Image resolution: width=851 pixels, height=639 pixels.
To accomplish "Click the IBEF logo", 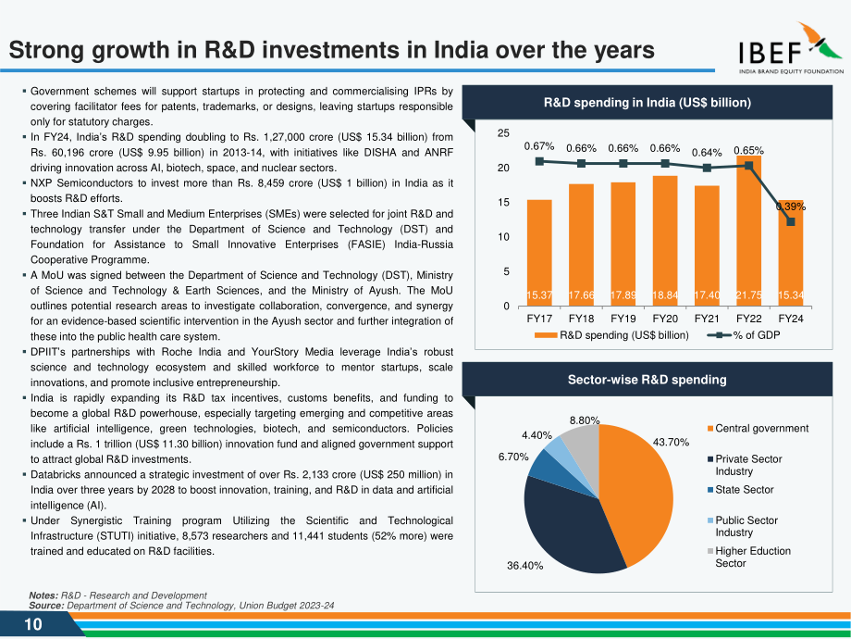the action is (791, 48).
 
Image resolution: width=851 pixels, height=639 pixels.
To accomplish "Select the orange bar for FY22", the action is (748, 231).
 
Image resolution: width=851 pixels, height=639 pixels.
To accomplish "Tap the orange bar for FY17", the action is (539, 253).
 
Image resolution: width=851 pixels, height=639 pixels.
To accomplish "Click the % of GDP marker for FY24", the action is (791, 221).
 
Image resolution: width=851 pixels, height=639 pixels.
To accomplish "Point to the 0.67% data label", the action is (539, 146).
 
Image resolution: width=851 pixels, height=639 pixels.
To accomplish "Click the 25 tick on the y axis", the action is (503, 133).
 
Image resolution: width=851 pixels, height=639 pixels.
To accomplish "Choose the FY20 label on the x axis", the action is (665, 319).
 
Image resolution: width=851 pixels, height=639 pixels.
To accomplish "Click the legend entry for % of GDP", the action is (744, 335).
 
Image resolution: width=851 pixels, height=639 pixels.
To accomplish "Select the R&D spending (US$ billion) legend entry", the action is (611, 335).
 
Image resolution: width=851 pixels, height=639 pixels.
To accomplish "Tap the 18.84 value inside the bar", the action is (665, 295).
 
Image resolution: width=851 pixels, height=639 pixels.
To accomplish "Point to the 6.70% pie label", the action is (513, 457).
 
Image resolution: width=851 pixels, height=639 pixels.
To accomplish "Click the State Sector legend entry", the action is (740, 490).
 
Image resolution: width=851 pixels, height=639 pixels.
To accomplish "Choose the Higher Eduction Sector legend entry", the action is (749, 557).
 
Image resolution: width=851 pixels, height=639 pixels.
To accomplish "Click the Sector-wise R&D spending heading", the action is (647, 380).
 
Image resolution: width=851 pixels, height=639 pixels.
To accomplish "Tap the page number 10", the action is (33, 624).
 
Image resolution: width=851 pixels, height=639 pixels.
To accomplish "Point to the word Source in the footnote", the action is (46, 606).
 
